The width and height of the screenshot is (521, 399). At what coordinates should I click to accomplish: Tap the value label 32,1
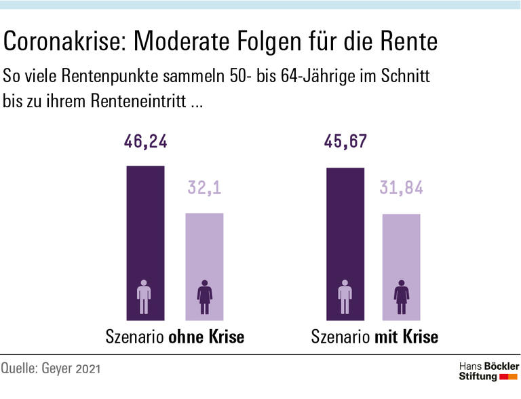pyautogui.click(x=204, y=188)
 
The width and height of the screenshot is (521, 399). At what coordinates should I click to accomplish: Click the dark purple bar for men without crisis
pyautogui.click(x=145, y=231)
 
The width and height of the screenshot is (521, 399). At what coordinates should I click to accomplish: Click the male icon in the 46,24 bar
pyautogui.click(x=144, y=297)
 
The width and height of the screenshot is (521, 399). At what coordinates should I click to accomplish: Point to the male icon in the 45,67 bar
pyautogui.click(x=345, y=297)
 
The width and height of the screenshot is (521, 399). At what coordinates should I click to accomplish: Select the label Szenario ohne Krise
pyautogui.click(x=174, y=337)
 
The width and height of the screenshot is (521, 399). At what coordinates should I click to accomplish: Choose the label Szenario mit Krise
pyautogui.click(x=374, y=337)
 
